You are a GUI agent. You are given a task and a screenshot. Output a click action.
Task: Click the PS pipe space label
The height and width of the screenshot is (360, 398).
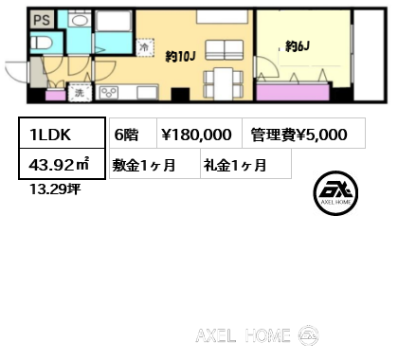coord(42,20)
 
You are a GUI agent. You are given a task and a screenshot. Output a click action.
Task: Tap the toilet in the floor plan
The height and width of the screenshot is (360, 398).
coord(42,43)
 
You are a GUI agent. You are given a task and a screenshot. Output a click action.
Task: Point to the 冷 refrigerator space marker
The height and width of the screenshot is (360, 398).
coord(145,47)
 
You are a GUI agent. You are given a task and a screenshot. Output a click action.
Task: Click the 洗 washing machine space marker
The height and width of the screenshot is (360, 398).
coord(80,92)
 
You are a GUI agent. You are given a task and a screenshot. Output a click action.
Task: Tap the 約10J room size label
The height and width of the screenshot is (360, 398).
coord(181,57)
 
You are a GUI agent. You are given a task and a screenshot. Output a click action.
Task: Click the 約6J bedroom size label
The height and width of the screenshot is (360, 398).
coord(298,46)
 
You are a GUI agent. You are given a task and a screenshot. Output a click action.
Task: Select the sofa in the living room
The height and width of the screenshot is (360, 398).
coord(225,50)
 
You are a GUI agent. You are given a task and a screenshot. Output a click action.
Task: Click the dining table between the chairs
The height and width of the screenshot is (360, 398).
coord(224,82)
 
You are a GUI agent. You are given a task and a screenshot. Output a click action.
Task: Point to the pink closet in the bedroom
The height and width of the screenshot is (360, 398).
coord(293,92)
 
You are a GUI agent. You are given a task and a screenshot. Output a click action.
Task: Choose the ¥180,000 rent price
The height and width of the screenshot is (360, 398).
coord(196,135)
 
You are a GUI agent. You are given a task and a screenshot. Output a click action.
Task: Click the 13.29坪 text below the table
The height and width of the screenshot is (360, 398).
coord(55,189)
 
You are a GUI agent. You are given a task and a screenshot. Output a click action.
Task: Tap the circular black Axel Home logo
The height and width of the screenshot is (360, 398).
coord(335,193)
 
